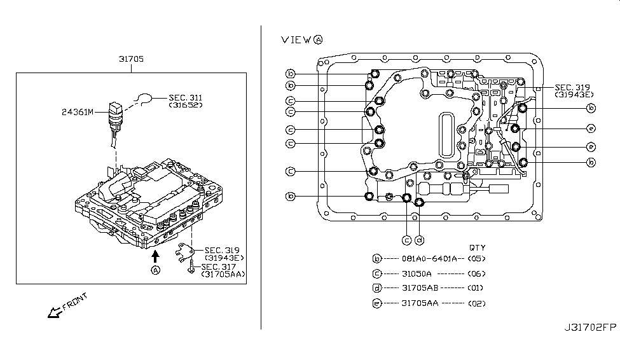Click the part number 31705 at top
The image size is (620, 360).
pos(131,59)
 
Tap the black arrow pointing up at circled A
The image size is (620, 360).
pos(155,256)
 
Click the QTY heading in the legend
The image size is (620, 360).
pos(477,247)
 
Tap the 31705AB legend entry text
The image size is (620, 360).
pos(420,288)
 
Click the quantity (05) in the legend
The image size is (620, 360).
pos(477,259)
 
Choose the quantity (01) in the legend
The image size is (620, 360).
pos(477,288)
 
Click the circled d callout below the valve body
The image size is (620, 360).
pos(420,240)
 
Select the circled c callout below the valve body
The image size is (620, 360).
pos(406,240)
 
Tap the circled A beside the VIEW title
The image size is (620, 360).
pos(317,39)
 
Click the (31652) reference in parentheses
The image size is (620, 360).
pos(186,104)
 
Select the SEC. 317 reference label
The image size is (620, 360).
pos(218,267)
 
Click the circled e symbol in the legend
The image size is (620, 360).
pos(377,303)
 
